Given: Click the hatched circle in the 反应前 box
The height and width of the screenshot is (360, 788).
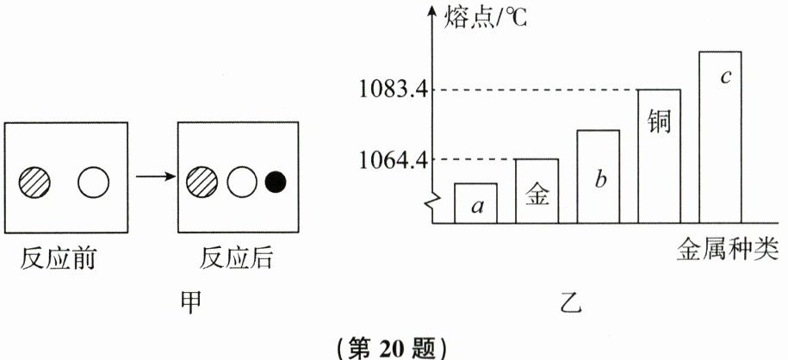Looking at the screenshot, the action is point(34,182).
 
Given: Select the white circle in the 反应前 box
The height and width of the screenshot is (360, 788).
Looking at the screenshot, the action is point(93,182).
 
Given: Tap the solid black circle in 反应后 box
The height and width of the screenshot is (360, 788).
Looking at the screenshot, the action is point(276,182).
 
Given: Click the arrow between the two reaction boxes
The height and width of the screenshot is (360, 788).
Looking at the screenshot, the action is point(155,178).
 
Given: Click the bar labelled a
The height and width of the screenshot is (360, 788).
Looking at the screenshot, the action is point(475,203).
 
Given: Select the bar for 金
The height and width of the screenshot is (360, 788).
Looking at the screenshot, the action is point(537,191).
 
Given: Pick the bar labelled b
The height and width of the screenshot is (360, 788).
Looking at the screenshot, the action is point(598,177).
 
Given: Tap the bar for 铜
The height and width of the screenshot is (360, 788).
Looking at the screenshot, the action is point(659,156).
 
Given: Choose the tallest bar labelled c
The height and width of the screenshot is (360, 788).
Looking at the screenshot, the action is point(720,137).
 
